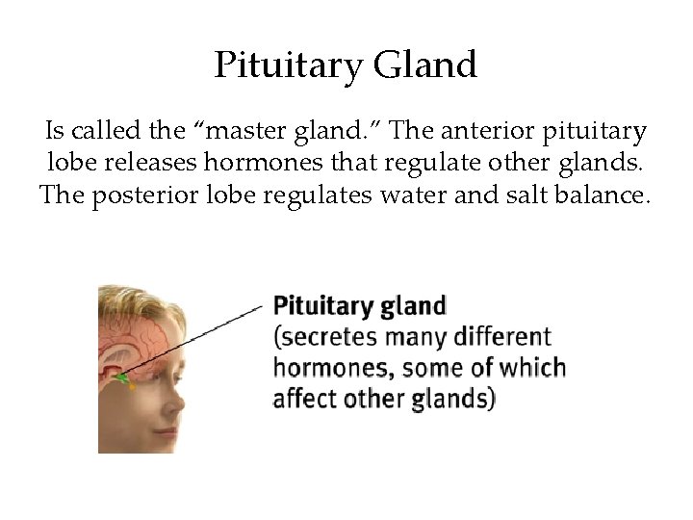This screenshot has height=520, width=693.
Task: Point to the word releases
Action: point(132,162)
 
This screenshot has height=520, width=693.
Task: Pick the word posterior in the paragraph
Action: point(136,195)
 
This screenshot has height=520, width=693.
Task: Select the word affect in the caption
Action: point(302,398)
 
